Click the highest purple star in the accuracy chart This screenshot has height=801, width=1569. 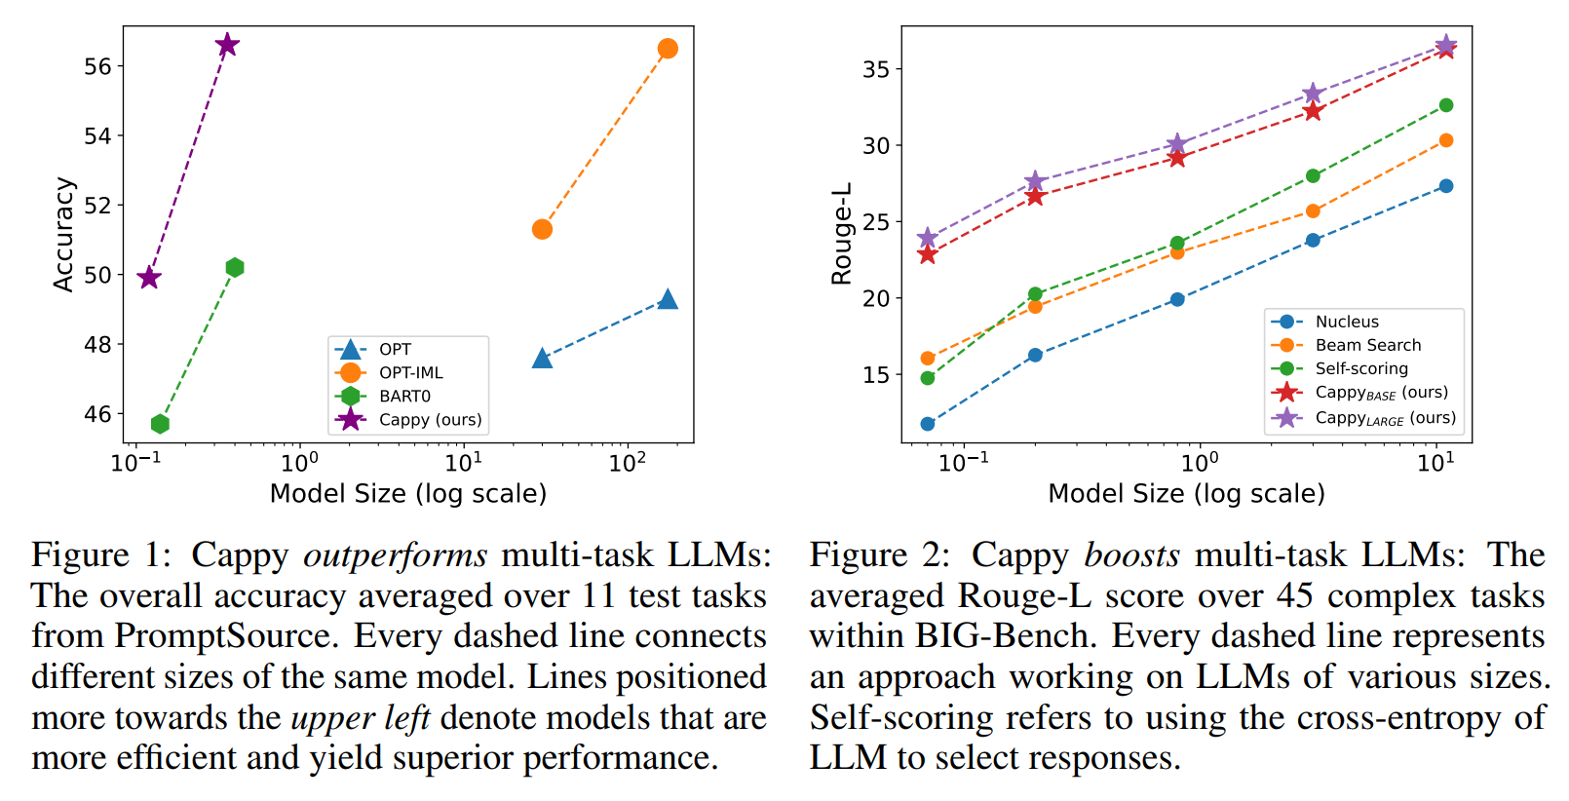pos(227,45)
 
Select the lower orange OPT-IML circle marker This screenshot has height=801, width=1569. pos(542,229)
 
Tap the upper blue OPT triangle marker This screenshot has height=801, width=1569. pos(668,299)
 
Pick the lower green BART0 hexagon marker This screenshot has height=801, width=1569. pos(160,424)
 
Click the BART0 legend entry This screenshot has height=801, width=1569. pos(404,397)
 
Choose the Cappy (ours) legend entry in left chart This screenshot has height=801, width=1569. pos(430,420)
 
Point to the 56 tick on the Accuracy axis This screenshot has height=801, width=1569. pos(97,66)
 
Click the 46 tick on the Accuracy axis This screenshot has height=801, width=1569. pos(97,414)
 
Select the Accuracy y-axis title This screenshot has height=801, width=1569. pos(63,234)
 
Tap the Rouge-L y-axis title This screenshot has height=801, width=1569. pos(841,234)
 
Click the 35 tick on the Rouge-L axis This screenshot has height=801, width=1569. pos(876,69)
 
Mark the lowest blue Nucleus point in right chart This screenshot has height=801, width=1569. pos(928,424)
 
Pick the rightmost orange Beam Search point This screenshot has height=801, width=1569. pos(1446,140)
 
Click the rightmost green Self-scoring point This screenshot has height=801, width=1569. pos(1446,105)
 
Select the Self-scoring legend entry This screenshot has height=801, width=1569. pos(1361,368)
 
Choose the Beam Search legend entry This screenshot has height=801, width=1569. pos(1367,345)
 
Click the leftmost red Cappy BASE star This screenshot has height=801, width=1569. pos(928,254)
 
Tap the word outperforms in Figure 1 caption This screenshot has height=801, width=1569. pos(395,554)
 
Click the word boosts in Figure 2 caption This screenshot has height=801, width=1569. pos(1131,554)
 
